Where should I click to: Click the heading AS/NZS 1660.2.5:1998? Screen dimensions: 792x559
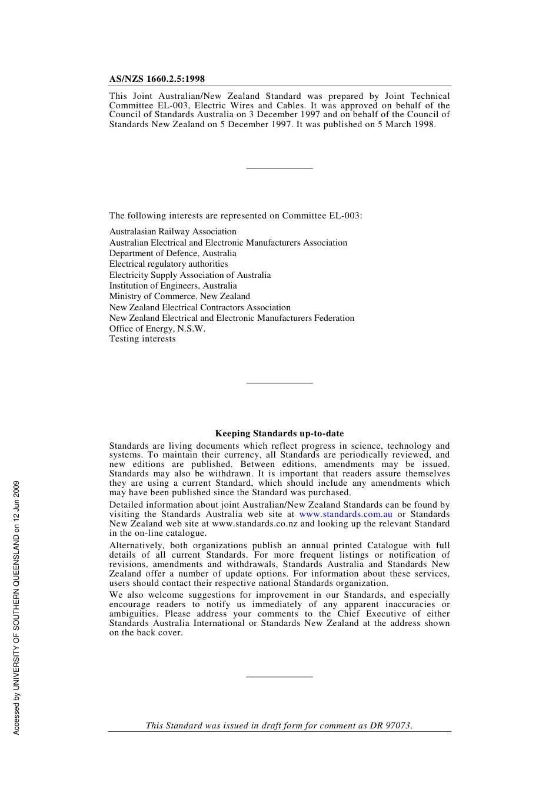[x=157, y=79]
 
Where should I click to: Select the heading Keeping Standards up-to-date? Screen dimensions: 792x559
[x=279, y=433]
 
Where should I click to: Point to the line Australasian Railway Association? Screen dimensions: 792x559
[x=173, y=232]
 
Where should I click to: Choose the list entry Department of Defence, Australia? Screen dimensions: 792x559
[x=173, y=254]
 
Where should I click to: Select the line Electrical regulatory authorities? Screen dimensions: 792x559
[x=168, y=264]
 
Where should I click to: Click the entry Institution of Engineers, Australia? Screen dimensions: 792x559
[x=173, y=286]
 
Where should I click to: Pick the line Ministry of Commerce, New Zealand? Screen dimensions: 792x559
[x=179, y=297]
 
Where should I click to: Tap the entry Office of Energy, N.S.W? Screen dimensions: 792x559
[x=157, y=329]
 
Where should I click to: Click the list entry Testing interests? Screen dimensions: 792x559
[x=142, y=339]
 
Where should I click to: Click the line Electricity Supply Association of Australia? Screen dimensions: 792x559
[x=190, y=276]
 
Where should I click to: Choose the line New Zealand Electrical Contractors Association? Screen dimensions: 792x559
[x=200, y=307]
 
